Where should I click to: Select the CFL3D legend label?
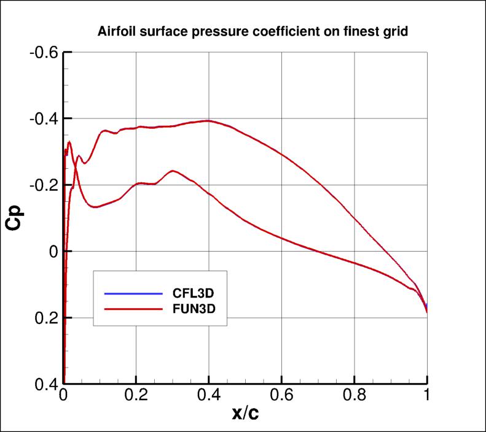tap(192, 292)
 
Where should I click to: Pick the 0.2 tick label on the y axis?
tap(45, 318)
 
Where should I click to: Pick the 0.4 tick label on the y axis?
tap(45, 384)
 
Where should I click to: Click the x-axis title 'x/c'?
tap(245, 415)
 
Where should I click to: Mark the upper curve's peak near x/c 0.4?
tap(208, 120)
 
